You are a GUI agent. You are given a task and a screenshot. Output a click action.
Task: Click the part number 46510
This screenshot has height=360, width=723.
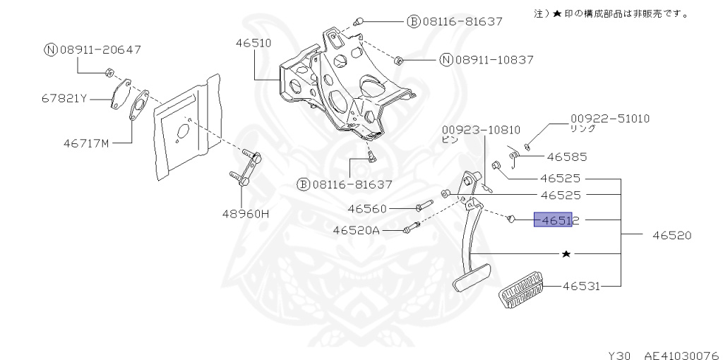tap(253, 42)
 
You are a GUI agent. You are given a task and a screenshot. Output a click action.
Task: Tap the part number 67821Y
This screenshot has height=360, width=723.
tap(64, 98)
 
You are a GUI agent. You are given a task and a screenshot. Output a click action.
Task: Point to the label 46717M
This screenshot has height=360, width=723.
tap(85, 143)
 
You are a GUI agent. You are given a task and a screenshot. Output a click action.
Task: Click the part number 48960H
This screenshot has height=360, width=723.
tap(246, 212)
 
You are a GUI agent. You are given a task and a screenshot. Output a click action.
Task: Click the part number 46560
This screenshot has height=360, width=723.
tap(367, 208)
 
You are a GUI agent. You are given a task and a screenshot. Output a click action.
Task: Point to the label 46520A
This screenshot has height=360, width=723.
tap(356, 230)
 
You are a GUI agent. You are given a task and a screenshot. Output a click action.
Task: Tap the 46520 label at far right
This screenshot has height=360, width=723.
tap(667, 234)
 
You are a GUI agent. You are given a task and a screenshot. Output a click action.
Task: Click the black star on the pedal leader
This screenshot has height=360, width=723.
tap(566, 253)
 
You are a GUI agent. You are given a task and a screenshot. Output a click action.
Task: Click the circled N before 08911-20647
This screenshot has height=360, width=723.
tap(50, 49)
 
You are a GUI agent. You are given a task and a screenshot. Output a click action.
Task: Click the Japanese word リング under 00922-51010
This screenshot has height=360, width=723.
tap(583, 128)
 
